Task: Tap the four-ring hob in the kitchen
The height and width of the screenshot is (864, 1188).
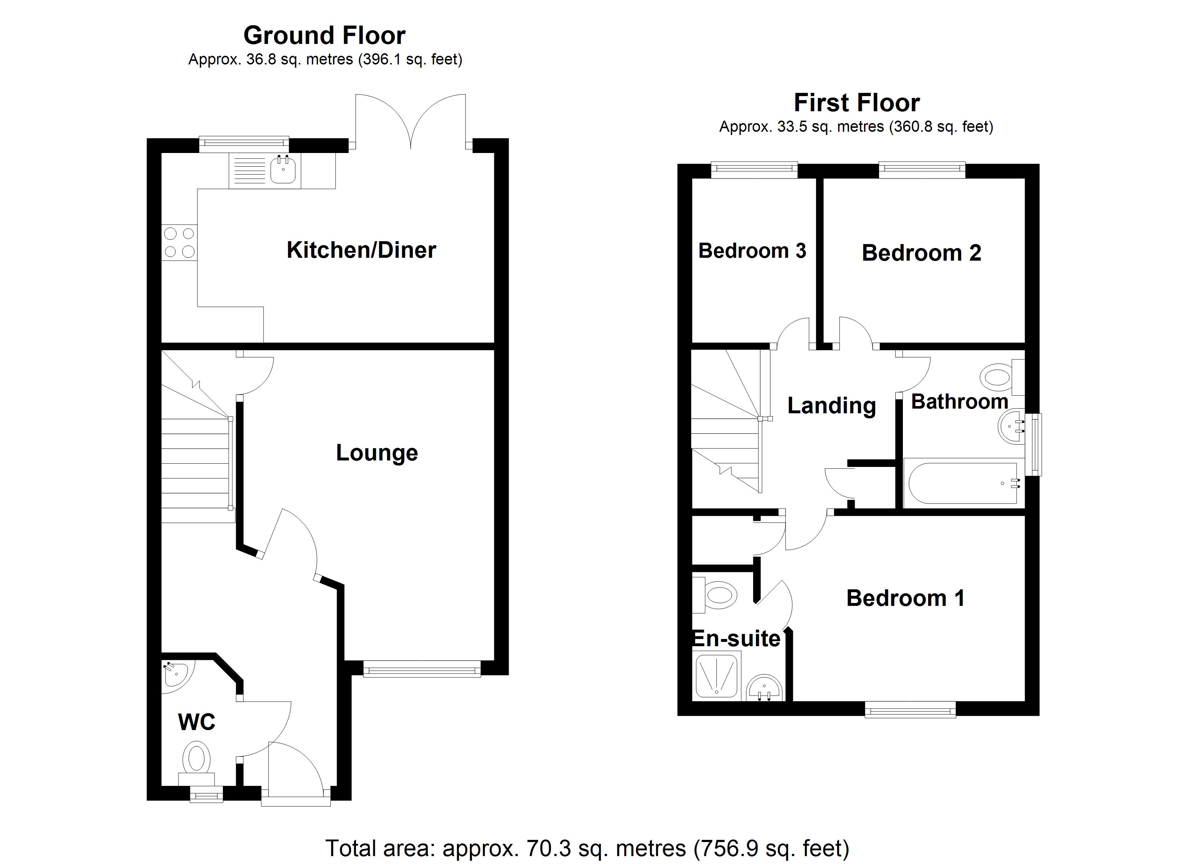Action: (179, 242)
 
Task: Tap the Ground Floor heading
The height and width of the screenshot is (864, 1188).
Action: (324, 36)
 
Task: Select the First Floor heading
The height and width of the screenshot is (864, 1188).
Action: (856, 103)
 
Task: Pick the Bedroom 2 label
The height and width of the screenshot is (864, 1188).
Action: (921, 253)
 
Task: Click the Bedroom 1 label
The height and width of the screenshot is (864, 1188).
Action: (905, 598)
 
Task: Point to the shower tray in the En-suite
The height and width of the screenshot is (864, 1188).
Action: (716, 676)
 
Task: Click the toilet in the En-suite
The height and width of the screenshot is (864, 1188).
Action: (717, 595)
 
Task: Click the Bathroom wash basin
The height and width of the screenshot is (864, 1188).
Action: (1011, 427)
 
